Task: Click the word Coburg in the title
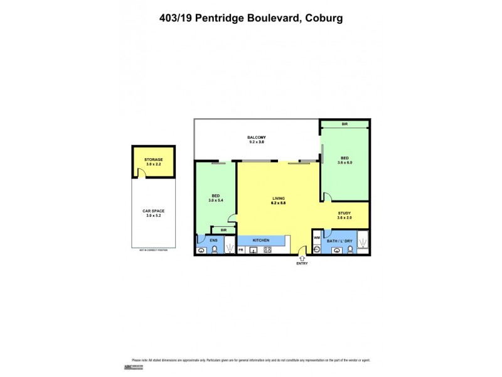tap(324, 18)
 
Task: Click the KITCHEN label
tap(261, 241)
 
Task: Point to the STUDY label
tap(344, 213)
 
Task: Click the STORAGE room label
tap(153, 160)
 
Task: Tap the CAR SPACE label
tap(153, 211)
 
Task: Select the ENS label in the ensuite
tap(213, 240)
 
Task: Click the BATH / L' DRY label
tap(339, 241)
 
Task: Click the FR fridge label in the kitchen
tap(241, 250)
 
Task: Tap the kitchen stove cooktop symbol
tap(267, 250)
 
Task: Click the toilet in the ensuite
tap(214, 249)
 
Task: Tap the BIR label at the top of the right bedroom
tap(344, 124)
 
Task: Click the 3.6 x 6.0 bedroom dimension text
tap(344, 163)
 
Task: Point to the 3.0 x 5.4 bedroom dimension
tap(215, 200)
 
